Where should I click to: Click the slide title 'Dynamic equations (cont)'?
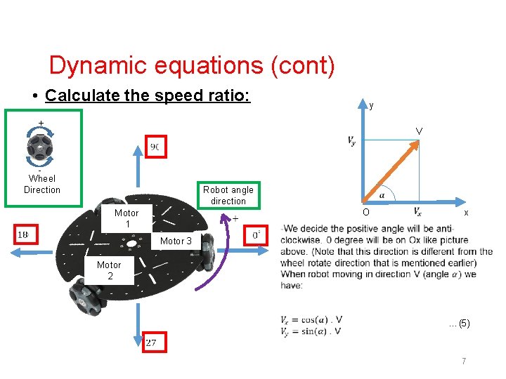(x=191, y=66)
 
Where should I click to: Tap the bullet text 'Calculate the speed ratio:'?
(x=148, y=95)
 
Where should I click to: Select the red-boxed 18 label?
(x=24, y=234)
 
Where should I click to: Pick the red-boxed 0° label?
(x=258, y=234)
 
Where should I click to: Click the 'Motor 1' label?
(x=126, y=218)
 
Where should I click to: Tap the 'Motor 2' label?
(x=109, y=270)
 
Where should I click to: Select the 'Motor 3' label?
(x=176, y=241)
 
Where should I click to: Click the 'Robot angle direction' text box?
(x=228, y=195)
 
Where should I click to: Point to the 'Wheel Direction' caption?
(x=42, y=184)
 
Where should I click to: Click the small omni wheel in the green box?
(x=39, y=148)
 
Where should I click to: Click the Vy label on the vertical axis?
(x=351, y=141)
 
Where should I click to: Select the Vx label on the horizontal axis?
(x=417, y=211)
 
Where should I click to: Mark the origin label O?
(x=365, y=213)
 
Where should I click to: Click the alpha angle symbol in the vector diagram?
(x=382, y=195)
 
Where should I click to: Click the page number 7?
(x=464, y=361)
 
